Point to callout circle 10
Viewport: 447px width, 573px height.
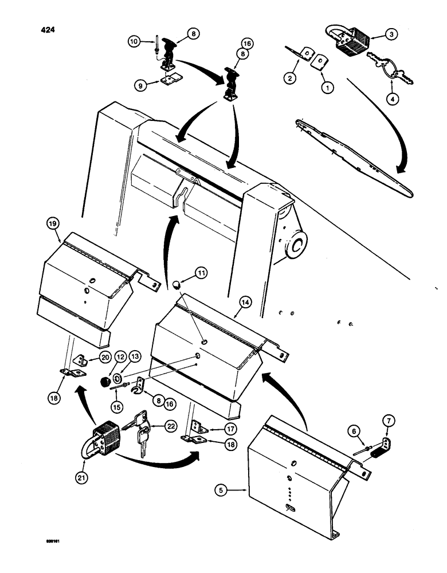(133, 41)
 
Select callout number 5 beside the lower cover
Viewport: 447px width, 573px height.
(220, 490)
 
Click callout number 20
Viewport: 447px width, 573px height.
(105, 357)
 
